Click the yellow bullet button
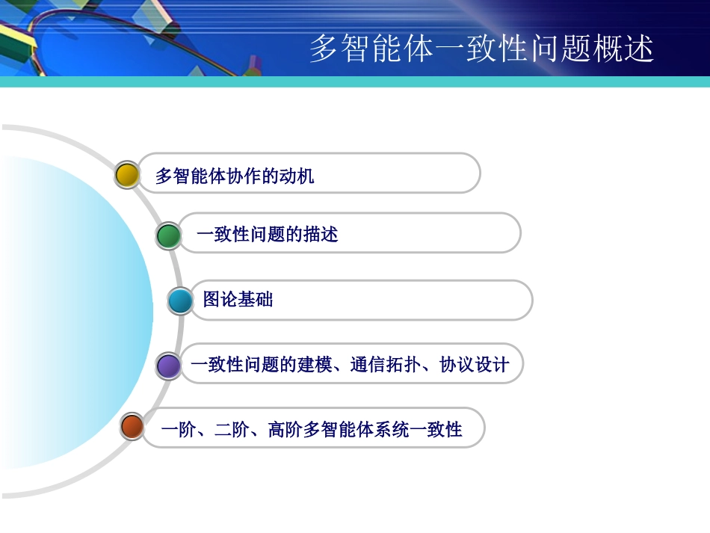(x=127, y=175)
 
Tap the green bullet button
(x=169, y=235)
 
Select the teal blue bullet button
(x=180, y=301)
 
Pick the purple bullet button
(x=169, y=366)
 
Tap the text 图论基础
(x=238, y=300)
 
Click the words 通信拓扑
(x=385, y=365)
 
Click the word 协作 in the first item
(x=226, y=176)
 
